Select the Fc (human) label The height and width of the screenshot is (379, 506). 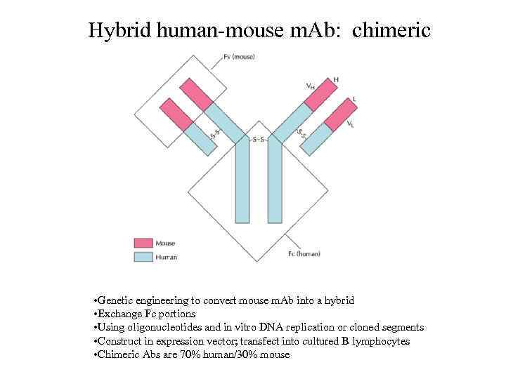pyautogui.click(x=304, y=253)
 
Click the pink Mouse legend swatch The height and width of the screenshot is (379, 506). pyautogui.click(x=143, y=244)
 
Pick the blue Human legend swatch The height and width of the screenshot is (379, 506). pyautogui.click(x=143, y=257)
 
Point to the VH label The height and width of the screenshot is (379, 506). pyautogui.click(x=310, y=86)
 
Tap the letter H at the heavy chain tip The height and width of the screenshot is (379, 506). pyautogui.click(x=335, y=79)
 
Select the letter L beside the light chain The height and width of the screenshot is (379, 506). pyautogui.click(x=354, y=99)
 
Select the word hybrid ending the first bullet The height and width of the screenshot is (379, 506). pyautogui.click(x=340, y=300)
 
